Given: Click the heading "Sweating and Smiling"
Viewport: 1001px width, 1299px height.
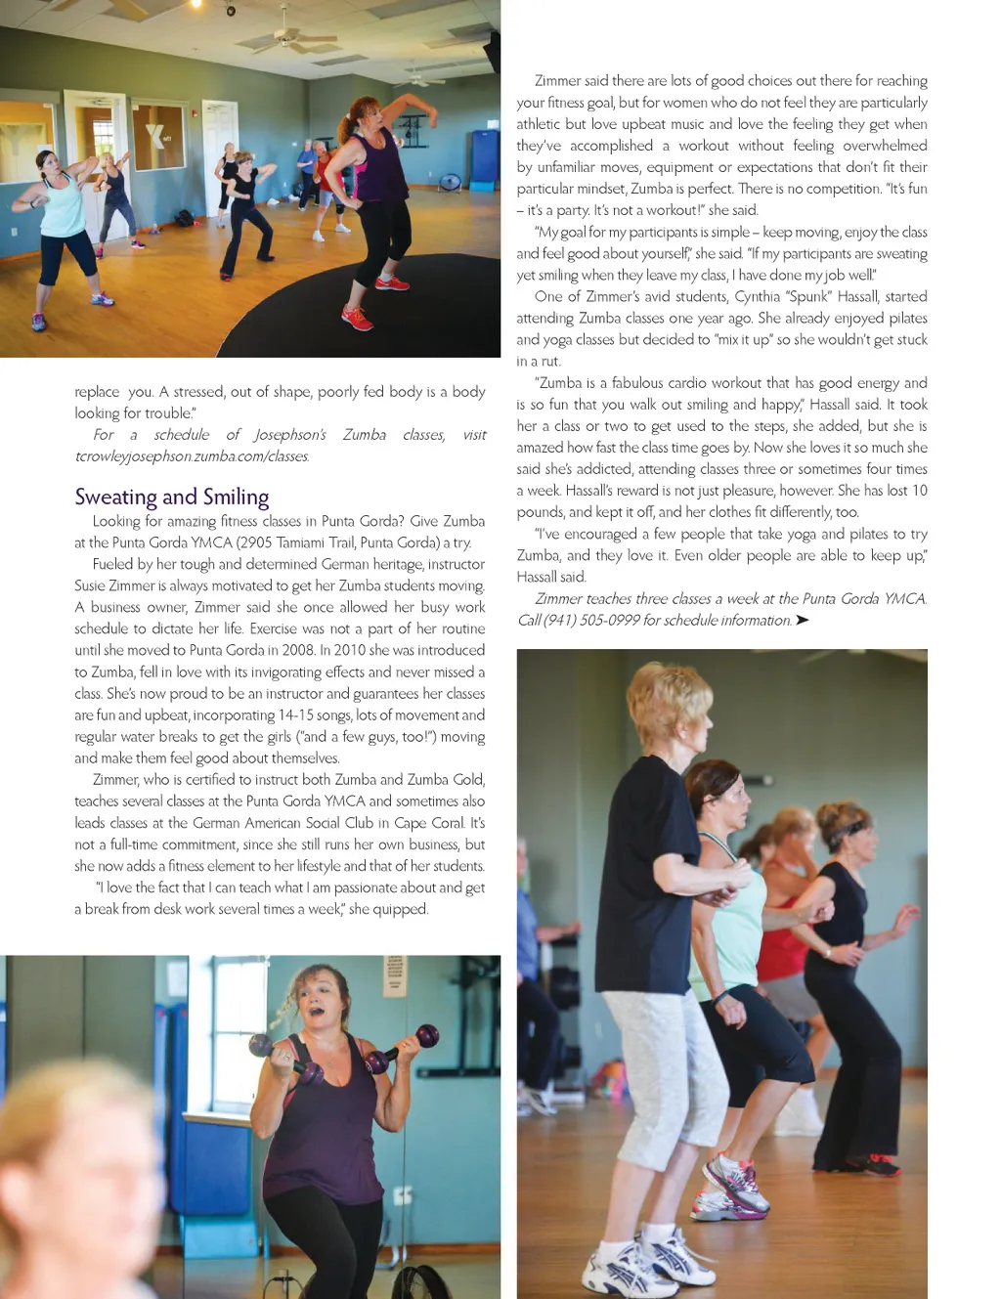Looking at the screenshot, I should tap(172, 498).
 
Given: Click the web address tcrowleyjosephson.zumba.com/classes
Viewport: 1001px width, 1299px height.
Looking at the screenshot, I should tap(192, 456).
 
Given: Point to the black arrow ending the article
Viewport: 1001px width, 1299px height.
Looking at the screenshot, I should tap(803, 621).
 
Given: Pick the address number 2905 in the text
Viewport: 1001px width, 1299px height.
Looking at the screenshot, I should tap(258, 543).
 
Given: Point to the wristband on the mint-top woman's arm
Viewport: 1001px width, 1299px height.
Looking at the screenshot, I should tap(721, 999).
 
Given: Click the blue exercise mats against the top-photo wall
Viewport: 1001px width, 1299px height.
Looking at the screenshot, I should tap(485, 156).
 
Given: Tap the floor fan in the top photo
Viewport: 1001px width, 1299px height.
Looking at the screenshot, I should tap(451, 183).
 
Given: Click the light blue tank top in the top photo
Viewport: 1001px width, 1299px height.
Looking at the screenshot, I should tap(64, 207).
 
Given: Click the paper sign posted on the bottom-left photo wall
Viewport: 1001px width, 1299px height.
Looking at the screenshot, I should tap(394, 974).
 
